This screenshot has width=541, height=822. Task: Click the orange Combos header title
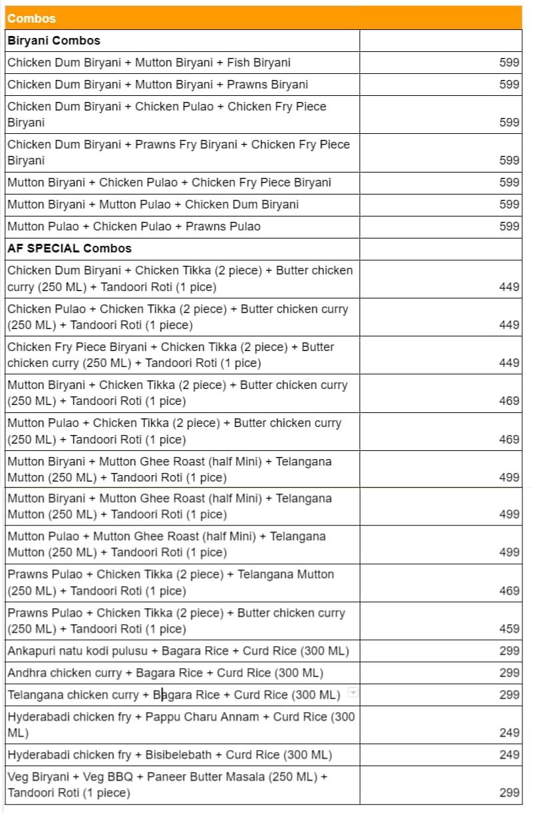31,19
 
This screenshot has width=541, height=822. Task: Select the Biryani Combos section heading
54,41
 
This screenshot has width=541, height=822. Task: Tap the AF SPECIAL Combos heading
69,248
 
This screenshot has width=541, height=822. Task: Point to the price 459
509,629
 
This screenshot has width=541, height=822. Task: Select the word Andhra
27,673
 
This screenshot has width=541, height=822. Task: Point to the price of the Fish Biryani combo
509,63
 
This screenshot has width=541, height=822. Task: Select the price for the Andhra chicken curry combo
509,673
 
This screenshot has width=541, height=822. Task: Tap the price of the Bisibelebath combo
509,755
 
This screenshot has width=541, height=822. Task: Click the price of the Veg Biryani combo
509,793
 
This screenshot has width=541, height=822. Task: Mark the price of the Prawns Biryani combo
509,85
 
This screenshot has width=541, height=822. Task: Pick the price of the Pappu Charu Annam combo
509,733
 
